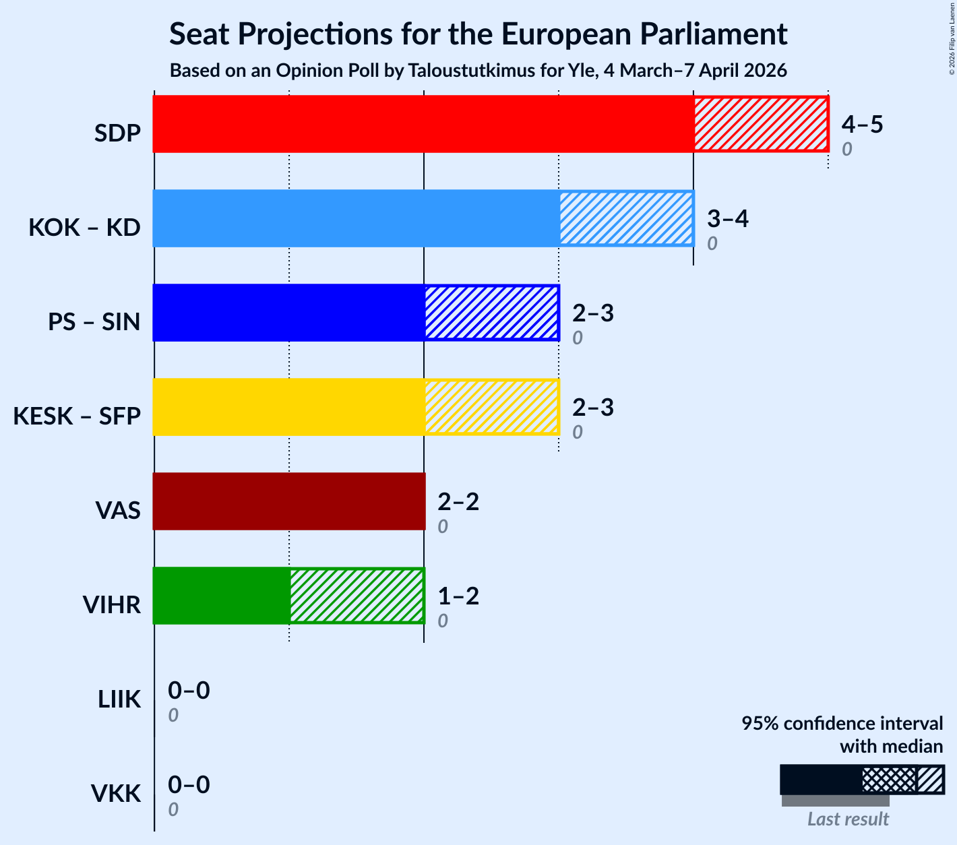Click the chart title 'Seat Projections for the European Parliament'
(478, 34)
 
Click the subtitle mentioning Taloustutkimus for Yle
(478, 71)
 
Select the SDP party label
(117, 133)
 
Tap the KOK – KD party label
(84, 228)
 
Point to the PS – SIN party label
(94, 322)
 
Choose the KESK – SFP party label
(77, 416)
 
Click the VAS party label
(118, 511)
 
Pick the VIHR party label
(111, 605)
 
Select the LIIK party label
(119, 699)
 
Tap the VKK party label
(116, 794)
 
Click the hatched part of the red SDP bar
(761, 124)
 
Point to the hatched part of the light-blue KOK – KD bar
(626, 218)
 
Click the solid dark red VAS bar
(289, 501)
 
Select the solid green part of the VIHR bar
(222, 596)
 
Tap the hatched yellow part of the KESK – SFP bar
(491, 407)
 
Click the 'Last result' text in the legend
(848, 819)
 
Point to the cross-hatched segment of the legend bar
(889, 780)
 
